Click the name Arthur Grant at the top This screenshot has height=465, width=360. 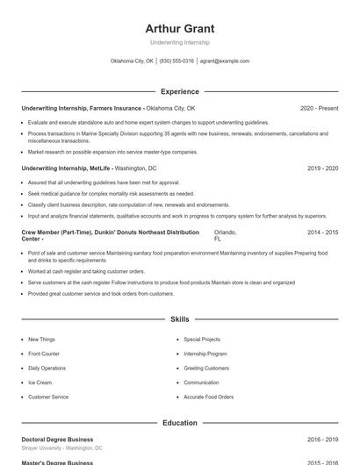pos(179,28)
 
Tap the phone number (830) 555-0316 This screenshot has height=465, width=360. pos(176,61)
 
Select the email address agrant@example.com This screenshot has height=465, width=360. pos(225,61)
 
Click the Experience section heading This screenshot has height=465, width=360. pos(179,91)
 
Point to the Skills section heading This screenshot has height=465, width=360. pos(179,320)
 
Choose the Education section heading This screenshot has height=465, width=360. pos(179,423)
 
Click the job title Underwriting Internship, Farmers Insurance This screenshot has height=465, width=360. pos(82,108)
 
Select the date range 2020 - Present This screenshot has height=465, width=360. pos(319,108)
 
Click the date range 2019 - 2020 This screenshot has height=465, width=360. pos(322,168)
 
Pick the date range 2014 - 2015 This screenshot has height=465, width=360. pos(322,232)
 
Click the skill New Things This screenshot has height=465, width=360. pos(41,340)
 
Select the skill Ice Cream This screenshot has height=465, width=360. pos(40,383)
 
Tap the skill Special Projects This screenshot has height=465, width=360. pos(202,340)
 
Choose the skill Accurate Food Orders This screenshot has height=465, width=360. pos(208,397)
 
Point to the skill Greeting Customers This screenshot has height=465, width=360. pos(205,368)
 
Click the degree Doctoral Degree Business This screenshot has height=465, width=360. pos(57,440)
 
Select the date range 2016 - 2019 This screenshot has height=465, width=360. pos(322,440)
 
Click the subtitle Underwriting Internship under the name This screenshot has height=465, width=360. pos(179,43)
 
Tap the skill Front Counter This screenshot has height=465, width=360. pos(43,354)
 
